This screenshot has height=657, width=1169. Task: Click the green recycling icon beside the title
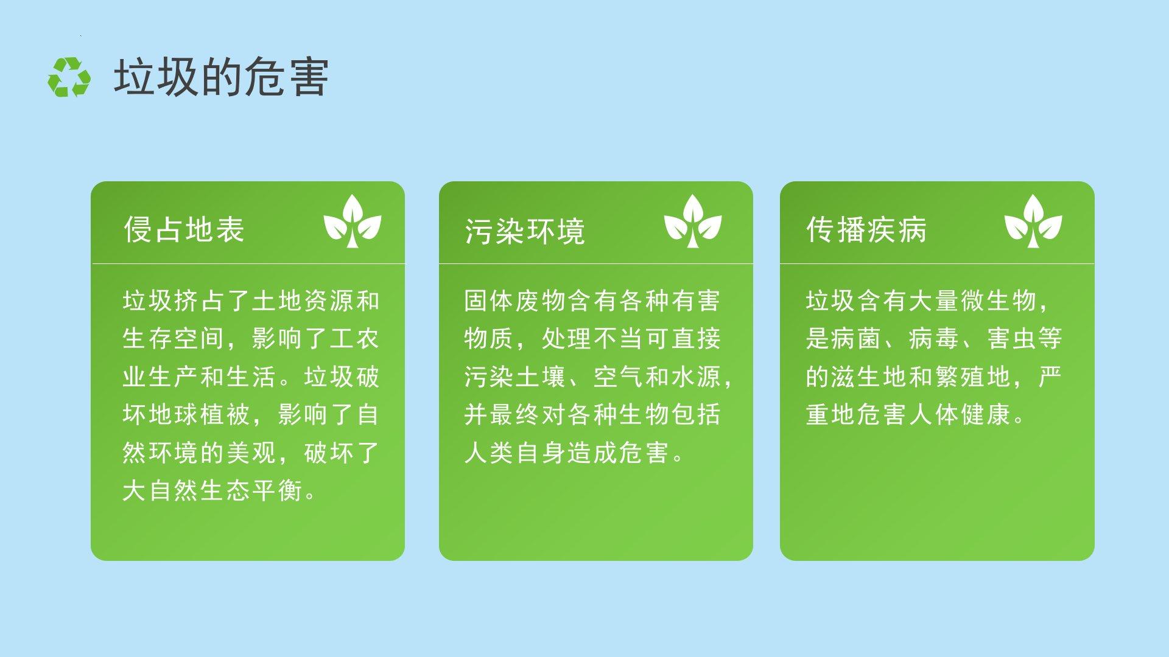[69, 77]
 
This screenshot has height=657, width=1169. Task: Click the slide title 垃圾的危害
[222, 77]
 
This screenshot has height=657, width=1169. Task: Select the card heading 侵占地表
[184, 229]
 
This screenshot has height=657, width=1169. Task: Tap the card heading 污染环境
[525, 231]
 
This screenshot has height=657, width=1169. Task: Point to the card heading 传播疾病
[866, 229]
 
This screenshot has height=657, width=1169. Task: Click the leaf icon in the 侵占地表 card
[352, 221]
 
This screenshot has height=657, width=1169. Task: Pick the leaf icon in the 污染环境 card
[692, 221]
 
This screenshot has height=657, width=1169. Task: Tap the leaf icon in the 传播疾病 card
[1033, 221]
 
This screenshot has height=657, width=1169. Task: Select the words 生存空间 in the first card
[174, 339]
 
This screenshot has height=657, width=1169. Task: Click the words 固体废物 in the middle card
[515, 301]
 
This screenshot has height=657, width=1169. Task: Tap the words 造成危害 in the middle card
[618, 453]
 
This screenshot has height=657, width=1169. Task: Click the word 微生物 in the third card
[999, 301]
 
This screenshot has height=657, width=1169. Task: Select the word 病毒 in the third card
[934, 339]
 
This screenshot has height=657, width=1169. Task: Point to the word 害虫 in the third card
[1011, 339]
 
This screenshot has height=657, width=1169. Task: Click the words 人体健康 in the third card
[960, 415]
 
